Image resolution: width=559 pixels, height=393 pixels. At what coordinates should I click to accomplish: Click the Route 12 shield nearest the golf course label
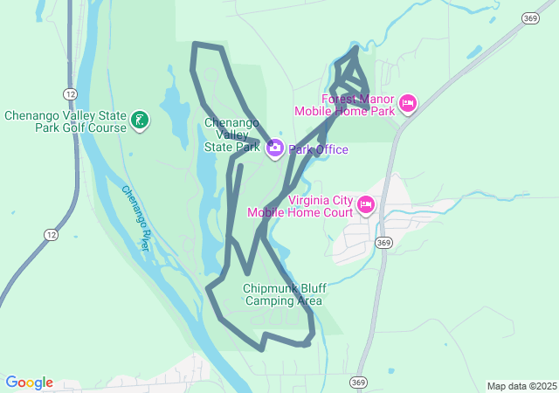pyautogui.click(x=70, y=93)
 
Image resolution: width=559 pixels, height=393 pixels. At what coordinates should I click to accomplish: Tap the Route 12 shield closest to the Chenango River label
pyautogui.click(x=49, y=234)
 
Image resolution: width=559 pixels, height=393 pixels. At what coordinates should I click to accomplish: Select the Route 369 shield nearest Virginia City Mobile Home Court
pyautogui.click(x=383, y=243)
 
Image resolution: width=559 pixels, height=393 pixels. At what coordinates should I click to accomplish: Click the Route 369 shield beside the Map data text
pyautogui.click(x=358, y=383)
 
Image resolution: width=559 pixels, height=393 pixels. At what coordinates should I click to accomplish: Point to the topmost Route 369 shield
pyautogui.click(x=529, y=17)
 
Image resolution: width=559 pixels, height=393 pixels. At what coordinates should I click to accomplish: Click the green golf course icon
pyautogui.click(x=140, y=120)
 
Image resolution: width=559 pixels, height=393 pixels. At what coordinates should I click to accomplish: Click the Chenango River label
pyautogui.click(x=135, y=218)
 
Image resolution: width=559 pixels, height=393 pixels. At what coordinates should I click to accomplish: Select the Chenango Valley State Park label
pyautogui.click(x=231, y=134)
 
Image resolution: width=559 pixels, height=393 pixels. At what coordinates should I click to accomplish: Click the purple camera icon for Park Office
pyautogui.click(x=274, y=148)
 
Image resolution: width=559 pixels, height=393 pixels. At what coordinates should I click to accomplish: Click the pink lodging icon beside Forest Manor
pyautogui.click(x=407, y=105)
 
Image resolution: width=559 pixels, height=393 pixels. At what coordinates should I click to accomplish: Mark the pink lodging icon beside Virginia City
pyautogui.click(x=365, y=205)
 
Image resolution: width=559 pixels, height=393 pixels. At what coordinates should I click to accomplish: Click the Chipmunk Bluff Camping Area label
pyautogui.click(x=283, y=294)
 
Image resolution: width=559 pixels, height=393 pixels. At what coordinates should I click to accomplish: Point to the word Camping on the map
pyautogui.click(x=271, y=301)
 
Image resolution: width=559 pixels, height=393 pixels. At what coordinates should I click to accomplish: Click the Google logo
pyautogui.click(x=29, y=383)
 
